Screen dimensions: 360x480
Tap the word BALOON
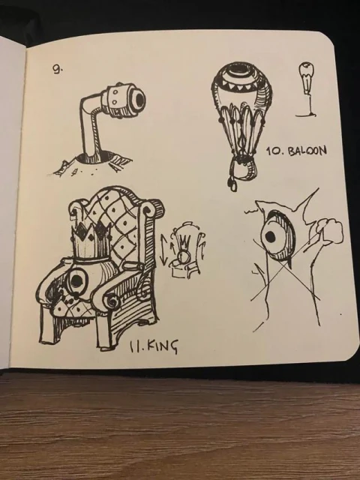[307, 150]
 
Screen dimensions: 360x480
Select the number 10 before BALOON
[271, 151]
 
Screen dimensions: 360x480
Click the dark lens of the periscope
[140, 98]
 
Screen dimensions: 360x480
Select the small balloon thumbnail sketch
[307, 88]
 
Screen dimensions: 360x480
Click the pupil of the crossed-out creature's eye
[271, 235]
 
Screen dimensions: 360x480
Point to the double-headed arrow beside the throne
[163, 250]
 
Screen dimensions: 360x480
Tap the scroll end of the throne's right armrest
[111, 302]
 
